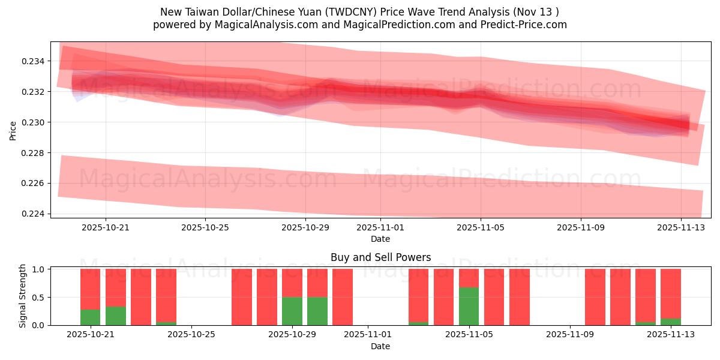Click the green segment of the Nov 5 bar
(x=469, y=306)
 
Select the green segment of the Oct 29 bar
(x=292, y=311)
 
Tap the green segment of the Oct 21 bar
(x=90, y=317)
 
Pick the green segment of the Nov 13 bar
(x=671, y=322)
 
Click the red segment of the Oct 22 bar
(x=116, y=288)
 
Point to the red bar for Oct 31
(x=343, y=297)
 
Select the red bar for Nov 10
(x=595, y=297)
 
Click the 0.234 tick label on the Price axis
(x=32, y=61)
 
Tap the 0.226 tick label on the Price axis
(x=32, y=183)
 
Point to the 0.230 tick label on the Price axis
(x=32, y=122)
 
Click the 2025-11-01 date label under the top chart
(x=380, y=227)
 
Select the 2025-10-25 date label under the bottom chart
(x=191, y=335)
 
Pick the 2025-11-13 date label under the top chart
(x=680, y=227)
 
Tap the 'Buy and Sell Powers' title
(x=380, y=257)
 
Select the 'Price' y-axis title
(x=13, y=130)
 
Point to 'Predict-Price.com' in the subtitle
(x=526, y=25)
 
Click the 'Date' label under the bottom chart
(x=380, y=346)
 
